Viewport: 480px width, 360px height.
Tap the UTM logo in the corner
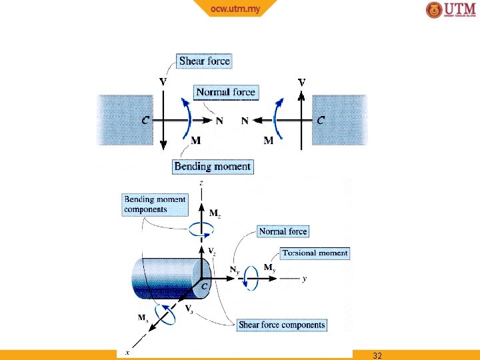coord(451,10)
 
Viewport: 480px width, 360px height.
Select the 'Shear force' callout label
coord(204,61)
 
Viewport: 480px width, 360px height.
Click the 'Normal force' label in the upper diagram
coord(225,92)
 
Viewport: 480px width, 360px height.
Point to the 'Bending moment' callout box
coord(213,167)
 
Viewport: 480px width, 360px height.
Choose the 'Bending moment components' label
coord(155,204)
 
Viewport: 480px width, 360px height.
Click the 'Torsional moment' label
coord(314,253)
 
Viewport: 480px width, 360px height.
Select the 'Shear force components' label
coord(282,325)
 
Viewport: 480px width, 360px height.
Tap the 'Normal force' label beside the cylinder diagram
coord(283,231)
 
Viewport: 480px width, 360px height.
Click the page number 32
coord(377,355)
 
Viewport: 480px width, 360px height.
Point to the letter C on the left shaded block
coord(145,121)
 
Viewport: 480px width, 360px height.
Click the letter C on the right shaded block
coord(321,121)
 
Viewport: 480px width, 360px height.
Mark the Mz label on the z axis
coord(215,213)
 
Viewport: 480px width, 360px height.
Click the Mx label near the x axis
coord(143,318)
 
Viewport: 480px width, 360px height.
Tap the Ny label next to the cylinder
coord(234,270)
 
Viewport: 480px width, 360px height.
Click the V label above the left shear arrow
coord(163,81)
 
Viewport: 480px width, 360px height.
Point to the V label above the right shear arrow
coord(302,82)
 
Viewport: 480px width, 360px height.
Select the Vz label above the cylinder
coord(212,251)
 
